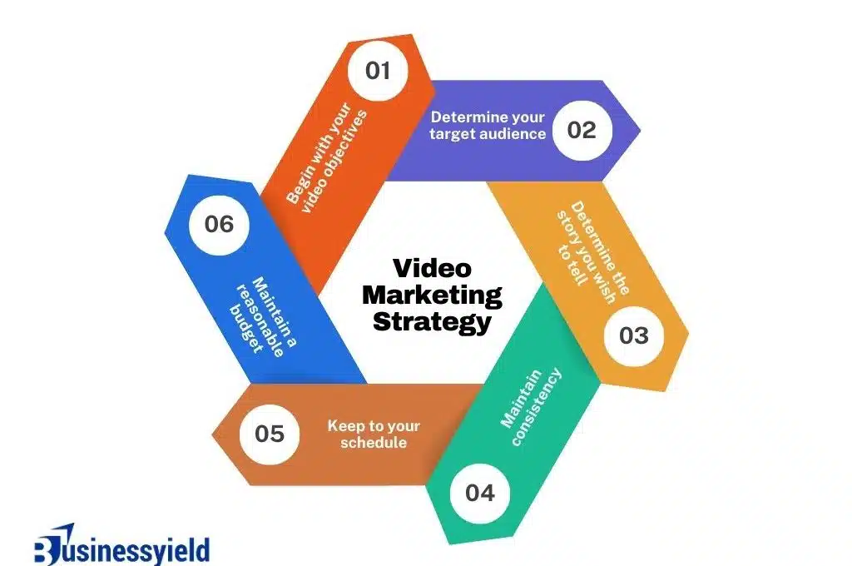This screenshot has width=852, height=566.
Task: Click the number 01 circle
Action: (x=378, y=71)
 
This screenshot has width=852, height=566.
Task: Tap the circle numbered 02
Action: (x=582, y=130)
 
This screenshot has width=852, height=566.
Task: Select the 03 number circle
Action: (x=633, y=335)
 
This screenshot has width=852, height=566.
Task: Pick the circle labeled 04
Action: (x=479, y=493)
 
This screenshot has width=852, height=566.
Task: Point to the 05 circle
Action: (x=270, y=434)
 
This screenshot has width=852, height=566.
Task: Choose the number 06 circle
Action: (x=219, y=225)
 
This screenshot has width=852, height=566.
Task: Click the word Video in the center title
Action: (x=431, y=269)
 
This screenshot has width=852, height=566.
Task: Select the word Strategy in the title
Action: (x=432, y=321)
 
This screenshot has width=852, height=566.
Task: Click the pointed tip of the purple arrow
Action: (x=639, y=130)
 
